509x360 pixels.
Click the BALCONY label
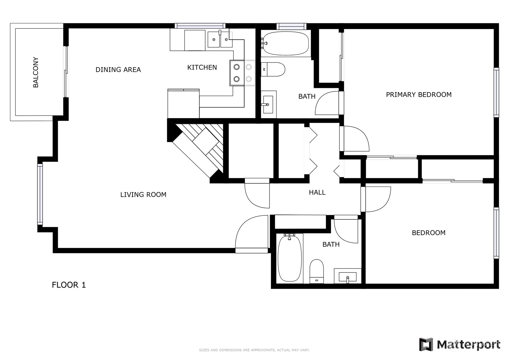pos(36,72)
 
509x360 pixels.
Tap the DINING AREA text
pos(118,70)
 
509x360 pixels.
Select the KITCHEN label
pos(202,67)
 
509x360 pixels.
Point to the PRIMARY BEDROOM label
pos(418,95)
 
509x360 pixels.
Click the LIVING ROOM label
pos(143,195)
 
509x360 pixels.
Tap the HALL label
pos(317,192)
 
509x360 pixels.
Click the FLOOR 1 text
pos(69,285)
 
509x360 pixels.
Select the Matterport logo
pos(460,345)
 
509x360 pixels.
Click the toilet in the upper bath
pos(273,69)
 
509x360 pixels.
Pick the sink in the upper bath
pos(268,105)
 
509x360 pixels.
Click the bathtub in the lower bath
pos(290,259)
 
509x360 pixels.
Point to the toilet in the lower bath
pos(317,271)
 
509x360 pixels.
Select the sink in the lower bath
pos(347,276)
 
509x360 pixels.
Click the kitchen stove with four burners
pos(243,73)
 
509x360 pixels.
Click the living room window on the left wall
pos(40,194)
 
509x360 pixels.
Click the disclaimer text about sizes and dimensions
pos(254,350)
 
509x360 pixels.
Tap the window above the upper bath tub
pos(291,26)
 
